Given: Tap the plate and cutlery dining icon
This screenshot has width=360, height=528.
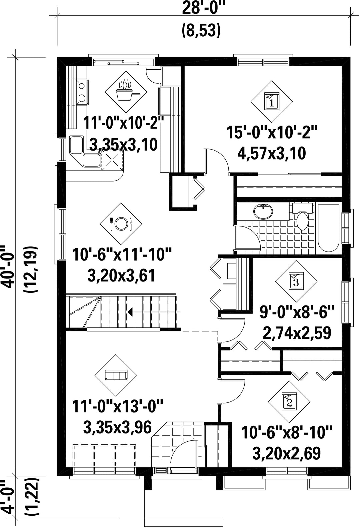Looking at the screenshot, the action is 121,223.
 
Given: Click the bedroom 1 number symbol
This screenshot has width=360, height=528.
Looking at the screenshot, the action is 272,101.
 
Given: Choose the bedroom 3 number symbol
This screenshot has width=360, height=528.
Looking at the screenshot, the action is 296,281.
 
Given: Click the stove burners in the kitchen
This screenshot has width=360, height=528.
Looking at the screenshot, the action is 82,92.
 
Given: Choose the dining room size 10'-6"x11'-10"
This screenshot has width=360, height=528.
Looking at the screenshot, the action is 122,255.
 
